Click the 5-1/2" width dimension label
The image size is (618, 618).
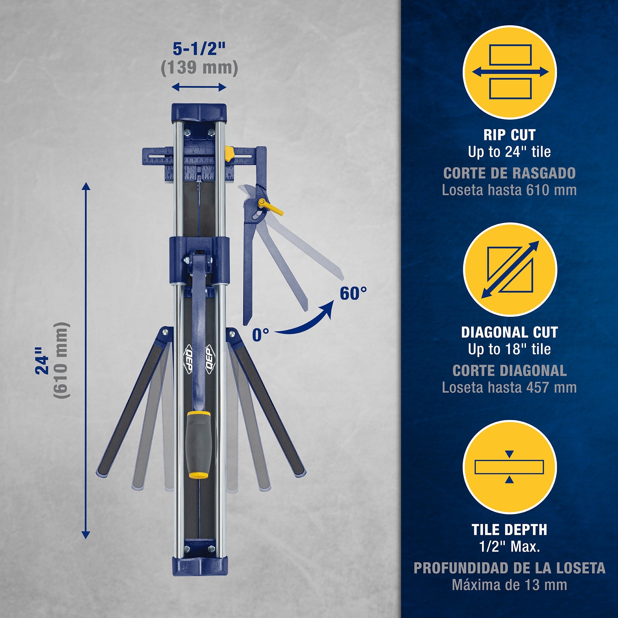tap(199, 49)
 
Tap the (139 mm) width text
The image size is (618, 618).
tap(199, 67)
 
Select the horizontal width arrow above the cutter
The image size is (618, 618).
tap(199, 87)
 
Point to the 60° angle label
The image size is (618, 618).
tap(353, 293)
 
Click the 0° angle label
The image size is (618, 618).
tap(260, 335)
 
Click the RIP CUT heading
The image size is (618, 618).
tap(510, 135)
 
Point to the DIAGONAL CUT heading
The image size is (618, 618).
tap(510, 332)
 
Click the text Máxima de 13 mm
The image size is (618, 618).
tap(510, 585)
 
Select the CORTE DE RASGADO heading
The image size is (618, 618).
tap(510, 173)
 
